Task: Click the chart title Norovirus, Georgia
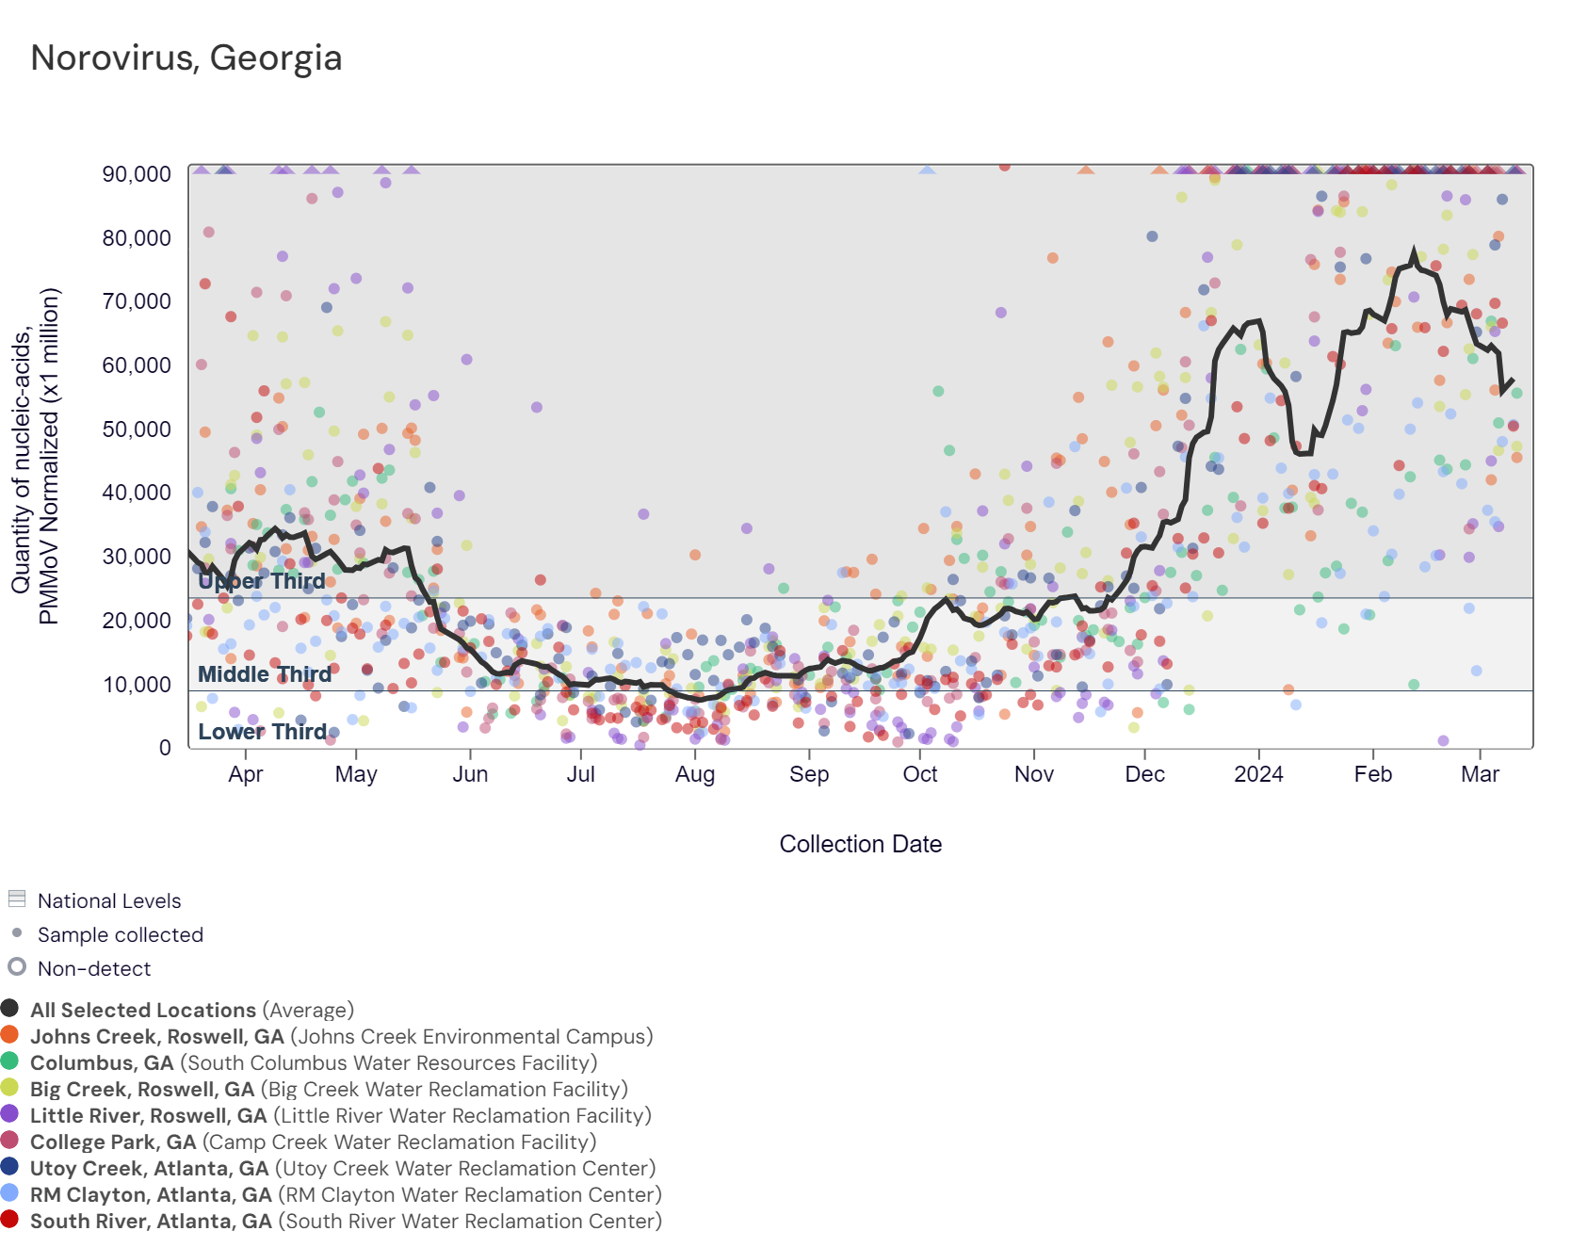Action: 186,58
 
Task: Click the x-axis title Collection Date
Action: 860,844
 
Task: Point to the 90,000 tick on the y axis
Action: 138,174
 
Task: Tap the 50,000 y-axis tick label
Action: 138,429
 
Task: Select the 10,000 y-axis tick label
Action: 138,685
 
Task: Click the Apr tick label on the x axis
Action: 246,774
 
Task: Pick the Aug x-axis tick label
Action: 695,774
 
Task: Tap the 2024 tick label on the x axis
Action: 1258,774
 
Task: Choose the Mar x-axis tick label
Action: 1480,774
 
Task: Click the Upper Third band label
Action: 262,581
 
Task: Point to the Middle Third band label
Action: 265,674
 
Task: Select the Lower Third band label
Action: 262,732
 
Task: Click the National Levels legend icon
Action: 17,899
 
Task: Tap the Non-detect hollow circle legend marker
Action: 17,967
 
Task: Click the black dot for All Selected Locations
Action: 10,1009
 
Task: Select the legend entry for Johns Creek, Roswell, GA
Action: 156,1036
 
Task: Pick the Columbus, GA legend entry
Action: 102,1062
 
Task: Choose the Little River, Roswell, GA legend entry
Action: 149,1115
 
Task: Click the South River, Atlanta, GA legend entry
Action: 151,1221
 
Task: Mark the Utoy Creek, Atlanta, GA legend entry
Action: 150,1168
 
